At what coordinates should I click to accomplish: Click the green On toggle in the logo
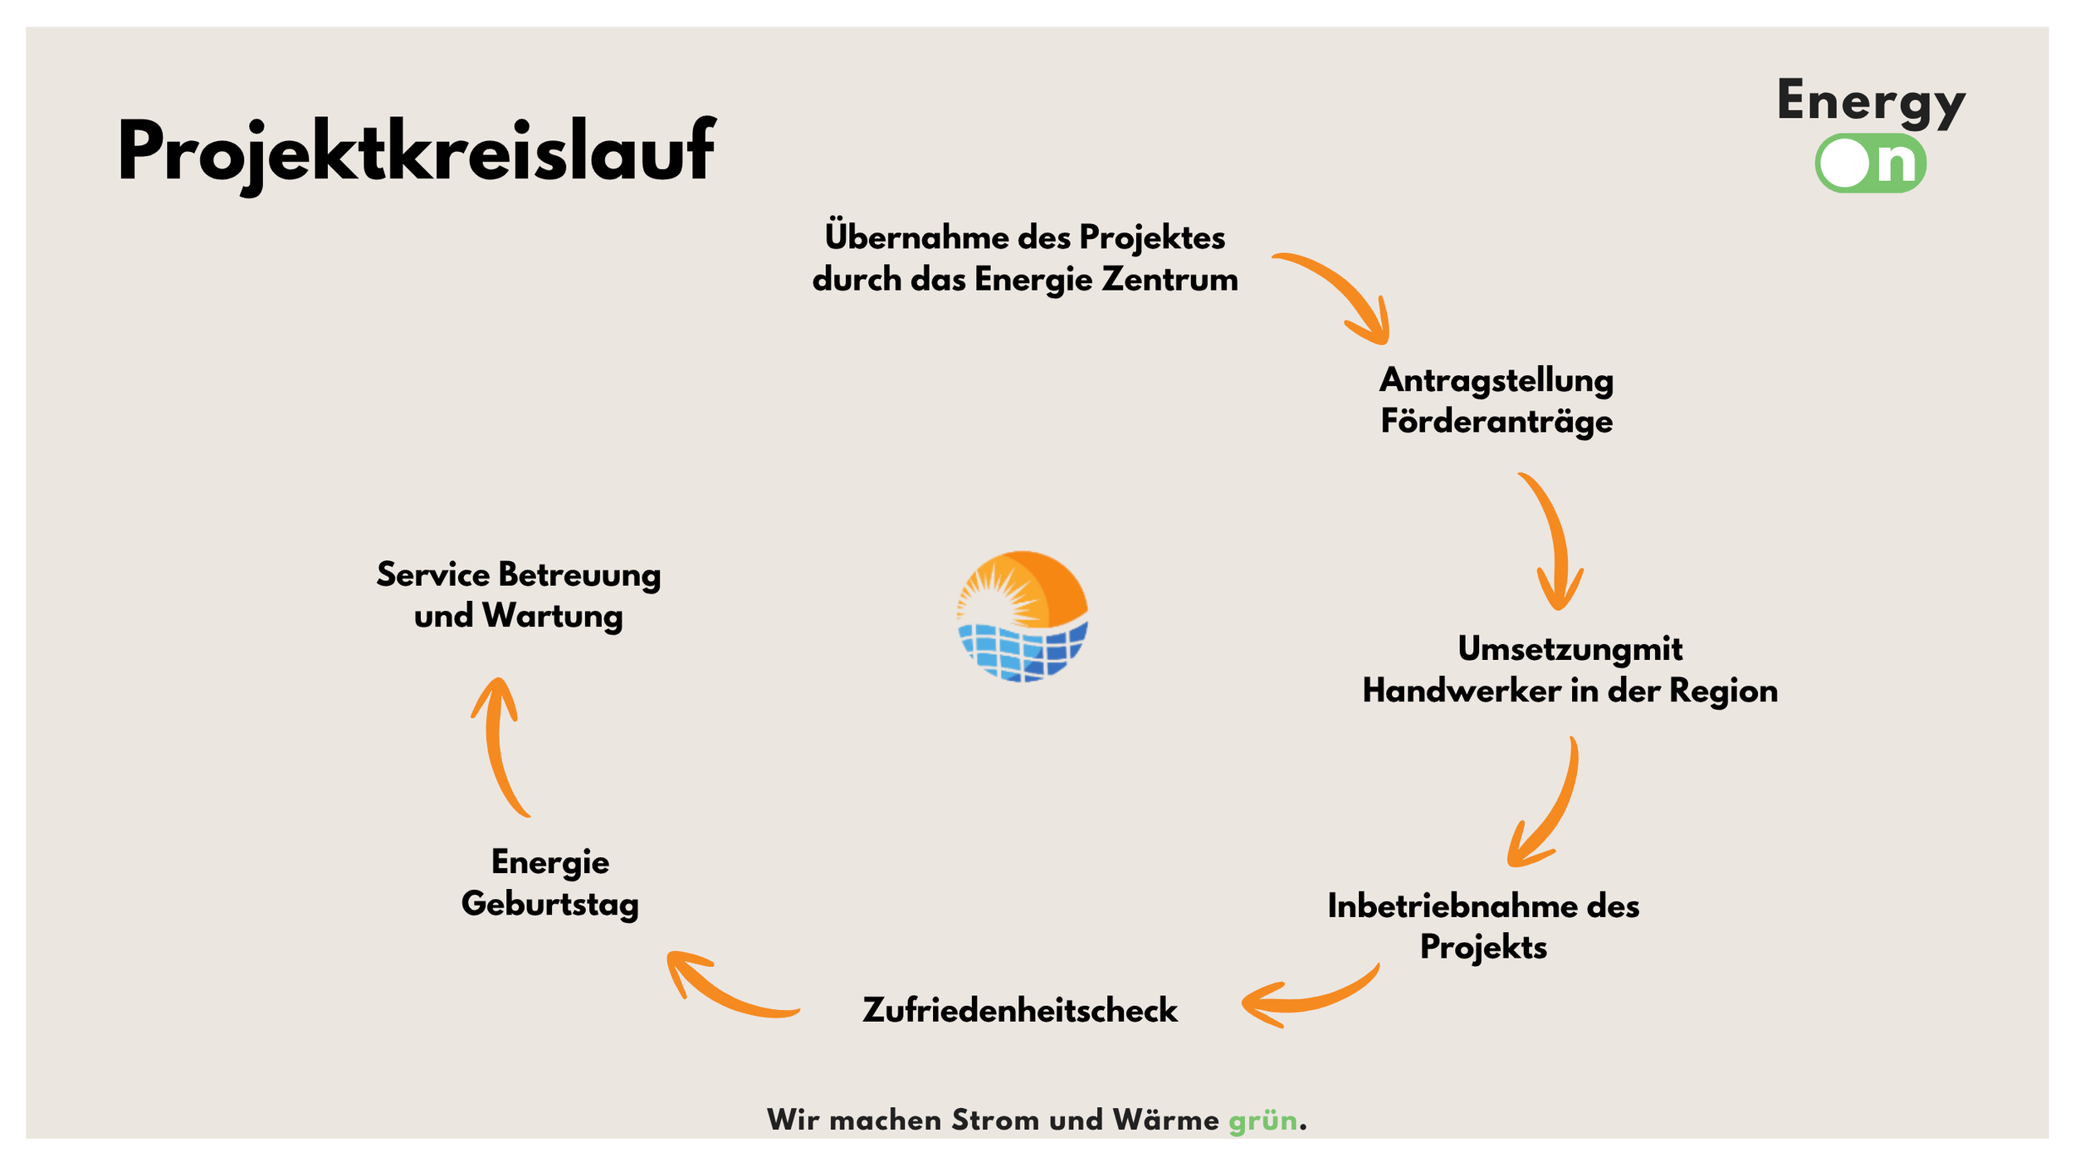point(1870,164)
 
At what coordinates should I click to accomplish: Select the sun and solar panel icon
point(1023,617)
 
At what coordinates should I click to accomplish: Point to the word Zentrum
point(1169,280)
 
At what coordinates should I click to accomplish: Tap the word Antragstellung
point(1496,381)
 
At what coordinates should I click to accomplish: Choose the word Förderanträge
point(1496,422)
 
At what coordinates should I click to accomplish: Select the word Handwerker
point(1461,691)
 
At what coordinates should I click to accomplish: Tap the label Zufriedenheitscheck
point(1020,1010)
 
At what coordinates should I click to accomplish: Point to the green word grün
point(1262,1121)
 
